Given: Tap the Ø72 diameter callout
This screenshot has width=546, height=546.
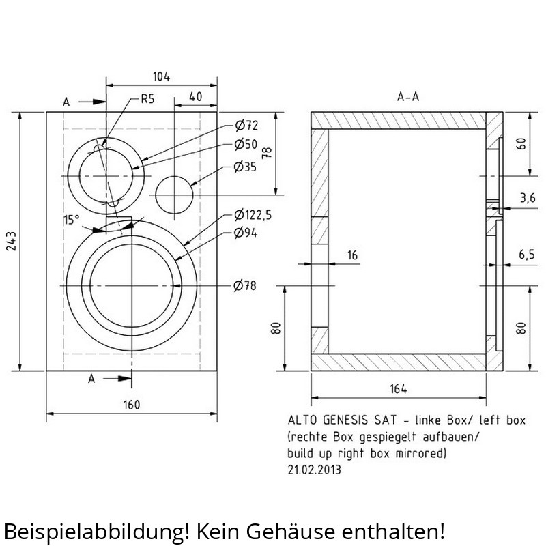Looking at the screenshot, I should tap(246, 126).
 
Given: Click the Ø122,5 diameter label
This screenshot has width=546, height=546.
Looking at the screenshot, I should tap(253, 215).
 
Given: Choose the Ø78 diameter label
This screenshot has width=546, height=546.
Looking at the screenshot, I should tap(245, 285).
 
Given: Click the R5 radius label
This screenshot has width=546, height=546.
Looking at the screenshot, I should tap(147, 99).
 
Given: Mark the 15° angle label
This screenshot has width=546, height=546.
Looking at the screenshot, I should tap(71, 220).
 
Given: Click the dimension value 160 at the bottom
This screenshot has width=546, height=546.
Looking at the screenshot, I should tap(131, 405).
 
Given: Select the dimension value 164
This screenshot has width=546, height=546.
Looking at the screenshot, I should tap(399, 389).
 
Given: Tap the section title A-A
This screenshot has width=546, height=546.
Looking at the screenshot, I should tap(408, 97).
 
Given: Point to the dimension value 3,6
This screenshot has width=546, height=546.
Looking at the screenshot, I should tap(527, 198).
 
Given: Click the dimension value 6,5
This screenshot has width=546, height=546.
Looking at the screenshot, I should tap(526, 255).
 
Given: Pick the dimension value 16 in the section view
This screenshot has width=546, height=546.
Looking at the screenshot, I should tap(352, 255).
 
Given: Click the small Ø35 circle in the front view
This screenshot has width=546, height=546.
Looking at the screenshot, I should tap(175, 195).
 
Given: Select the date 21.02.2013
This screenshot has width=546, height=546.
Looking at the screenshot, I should tap(315, 470).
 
